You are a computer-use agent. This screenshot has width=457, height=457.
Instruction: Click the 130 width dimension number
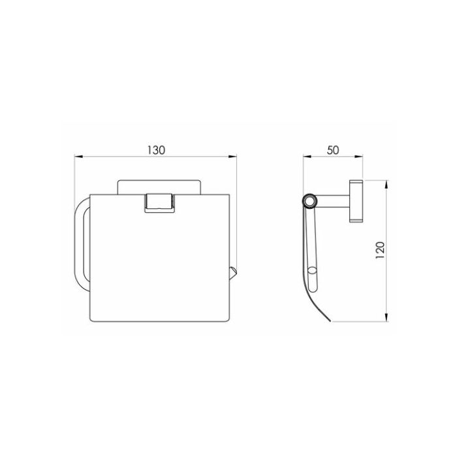point(156,150)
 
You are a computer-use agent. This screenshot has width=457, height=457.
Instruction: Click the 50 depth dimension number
point(333,150)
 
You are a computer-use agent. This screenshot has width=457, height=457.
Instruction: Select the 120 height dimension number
point(381,251)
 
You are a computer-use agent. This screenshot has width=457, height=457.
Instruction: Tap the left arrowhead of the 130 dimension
point(79,157)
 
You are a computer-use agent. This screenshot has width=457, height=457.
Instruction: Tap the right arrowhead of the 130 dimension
point(232,157)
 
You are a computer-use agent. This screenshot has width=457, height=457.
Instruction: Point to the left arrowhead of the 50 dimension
point(307,157)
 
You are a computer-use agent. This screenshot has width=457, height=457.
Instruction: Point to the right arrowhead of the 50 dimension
point(358,157)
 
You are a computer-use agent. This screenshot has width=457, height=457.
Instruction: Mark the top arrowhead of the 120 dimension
point(386,185)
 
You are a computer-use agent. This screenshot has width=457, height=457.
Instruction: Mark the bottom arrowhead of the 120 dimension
point(386,317)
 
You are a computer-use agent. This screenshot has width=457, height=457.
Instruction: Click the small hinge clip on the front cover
point(160,203)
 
